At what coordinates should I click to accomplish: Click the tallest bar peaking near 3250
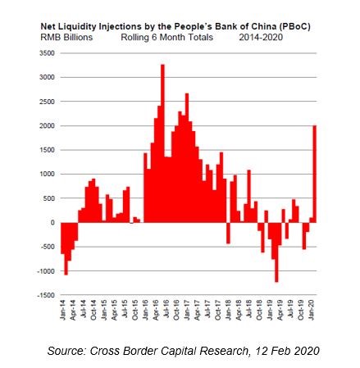point(162,143)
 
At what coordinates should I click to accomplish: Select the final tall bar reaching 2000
point(315,174)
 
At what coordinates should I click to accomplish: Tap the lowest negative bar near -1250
point(276,252)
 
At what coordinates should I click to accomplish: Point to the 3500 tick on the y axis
point(47,53)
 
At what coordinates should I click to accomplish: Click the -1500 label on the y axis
point(46,295)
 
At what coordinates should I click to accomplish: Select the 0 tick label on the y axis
point(52,223)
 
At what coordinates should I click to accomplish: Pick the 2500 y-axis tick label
point(47,102)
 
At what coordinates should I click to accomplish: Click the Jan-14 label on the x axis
point(63,310)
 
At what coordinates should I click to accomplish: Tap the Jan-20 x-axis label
point(312,310)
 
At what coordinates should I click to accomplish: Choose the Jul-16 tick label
point(166,310)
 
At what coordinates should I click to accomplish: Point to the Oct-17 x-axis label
point(218,310)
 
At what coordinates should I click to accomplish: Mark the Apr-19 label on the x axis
point(280,310)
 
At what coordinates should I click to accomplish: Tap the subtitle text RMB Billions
point(66,37)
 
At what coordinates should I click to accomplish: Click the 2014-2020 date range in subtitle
point(261,37)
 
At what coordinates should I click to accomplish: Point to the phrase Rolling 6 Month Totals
point(167,37)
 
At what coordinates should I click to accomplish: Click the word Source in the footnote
point(66,351)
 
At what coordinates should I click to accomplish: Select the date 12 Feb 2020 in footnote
point(287,351)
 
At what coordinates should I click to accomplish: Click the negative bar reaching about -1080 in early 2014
point(66,248)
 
